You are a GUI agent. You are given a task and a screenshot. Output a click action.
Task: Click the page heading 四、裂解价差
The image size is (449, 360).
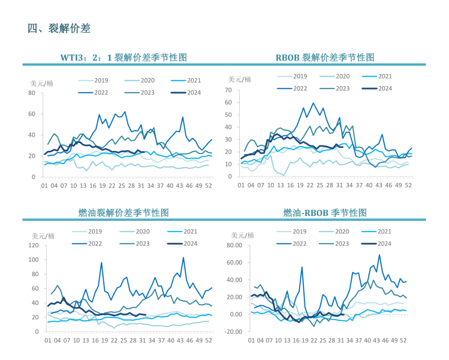59,29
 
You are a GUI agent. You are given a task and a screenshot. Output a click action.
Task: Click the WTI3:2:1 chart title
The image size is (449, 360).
123,57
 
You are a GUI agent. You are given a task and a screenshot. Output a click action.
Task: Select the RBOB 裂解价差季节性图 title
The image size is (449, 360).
325,57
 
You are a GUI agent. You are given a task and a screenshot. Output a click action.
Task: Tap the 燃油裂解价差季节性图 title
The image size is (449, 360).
123,213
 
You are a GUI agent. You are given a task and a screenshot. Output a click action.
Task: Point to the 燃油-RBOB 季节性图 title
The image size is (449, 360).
325,213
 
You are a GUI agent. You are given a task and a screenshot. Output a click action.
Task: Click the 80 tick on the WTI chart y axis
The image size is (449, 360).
32,93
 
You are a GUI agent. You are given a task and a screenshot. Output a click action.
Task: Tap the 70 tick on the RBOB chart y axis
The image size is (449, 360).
228,90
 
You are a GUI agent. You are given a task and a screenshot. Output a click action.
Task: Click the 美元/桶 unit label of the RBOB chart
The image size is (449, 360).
240,79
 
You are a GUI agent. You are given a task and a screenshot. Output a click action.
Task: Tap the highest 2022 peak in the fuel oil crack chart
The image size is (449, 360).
183,257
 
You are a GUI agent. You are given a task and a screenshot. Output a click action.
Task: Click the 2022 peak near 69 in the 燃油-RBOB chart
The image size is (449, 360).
379,255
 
